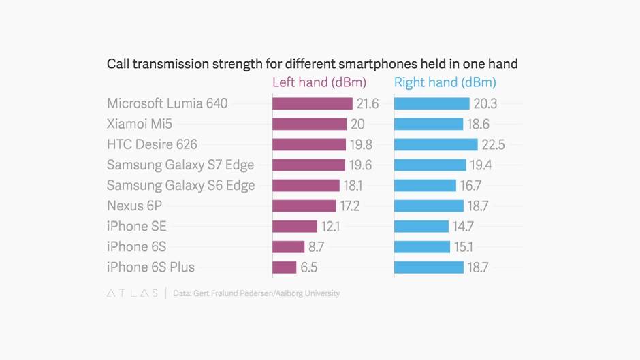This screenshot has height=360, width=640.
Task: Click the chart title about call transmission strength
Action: click(x=312, y=64)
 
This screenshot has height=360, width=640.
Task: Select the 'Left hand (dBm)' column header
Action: click(x=319, y=83)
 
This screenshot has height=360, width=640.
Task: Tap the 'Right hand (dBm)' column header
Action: click(x=445, y=83)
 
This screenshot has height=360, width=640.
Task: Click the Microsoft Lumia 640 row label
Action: click(x=167, y=103)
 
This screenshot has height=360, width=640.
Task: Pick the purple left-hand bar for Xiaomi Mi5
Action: click(x=309, y=124)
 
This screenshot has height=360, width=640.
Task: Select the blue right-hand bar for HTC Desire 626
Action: click(x=436, y=144)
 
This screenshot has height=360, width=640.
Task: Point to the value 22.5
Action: click(x=493, y=145)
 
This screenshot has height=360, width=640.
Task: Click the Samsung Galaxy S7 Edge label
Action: click(x=180, y=165)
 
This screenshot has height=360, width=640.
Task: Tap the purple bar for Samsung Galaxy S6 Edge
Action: click(x=306, y=185)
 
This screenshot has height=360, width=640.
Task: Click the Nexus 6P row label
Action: click(x=134, y=206)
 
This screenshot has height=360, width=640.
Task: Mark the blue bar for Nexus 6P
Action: click(x=428, y=206)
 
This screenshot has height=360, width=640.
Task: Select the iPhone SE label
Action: click(x=136, y=226)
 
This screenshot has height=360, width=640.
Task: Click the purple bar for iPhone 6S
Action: click(x=288, y=246)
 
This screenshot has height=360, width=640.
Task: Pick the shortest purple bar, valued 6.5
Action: click(x=285, y=267)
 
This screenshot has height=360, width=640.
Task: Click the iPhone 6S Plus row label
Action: click(x=155, y=267)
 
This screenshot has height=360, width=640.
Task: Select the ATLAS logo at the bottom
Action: click(x=131, y=293)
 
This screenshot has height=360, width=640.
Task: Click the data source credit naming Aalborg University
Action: click(x=256, y=293)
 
